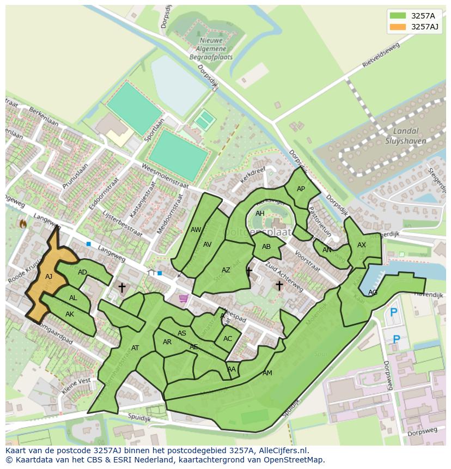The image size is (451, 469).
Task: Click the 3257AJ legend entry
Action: [x=414, y=27]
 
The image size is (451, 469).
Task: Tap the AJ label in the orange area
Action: [x=48, y=277]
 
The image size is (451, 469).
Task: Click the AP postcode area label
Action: [x=301, y=189]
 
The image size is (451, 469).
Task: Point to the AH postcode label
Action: [x=260, y=214]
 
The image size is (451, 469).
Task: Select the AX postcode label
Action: [x=362, y=245]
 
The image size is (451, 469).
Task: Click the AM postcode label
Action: [x=267, y=373]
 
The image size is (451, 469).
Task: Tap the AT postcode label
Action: [x=135, y=348]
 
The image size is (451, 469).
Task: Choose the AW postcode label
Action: [x=196, y=230]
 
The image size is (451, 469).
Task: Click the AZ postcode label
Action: [x=226, y=270]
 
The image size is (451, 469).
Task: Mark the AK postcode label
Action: [x=70, y=314]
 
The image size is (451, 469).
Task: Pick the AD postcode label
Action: [x=82, y=272]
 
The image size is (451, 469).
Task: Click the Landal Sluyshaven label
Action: [x=405, y=136]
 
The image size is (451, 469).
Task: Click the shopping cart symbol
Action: [x=184, y=298]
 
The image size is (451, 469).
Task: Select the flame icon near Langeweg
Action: [x=23, y=223]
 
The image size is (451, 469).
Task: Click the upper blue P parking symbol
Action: [x=393, y=313]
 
